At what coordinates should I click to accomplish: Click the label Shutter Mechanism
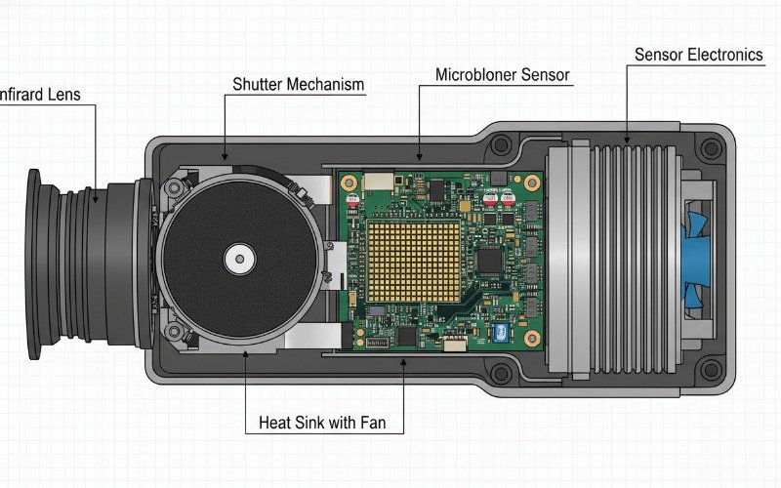(x=298, y=84)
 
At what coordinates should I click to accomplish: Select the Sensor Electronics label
(x=698, y=55)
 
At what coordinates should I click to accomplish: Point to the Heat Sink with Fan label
(x=331, y=424)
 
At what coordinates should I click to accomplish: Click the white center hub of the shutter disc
(x=238, y=260)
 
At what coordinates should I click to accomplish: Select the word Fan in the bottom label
(x=389, y=424)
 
